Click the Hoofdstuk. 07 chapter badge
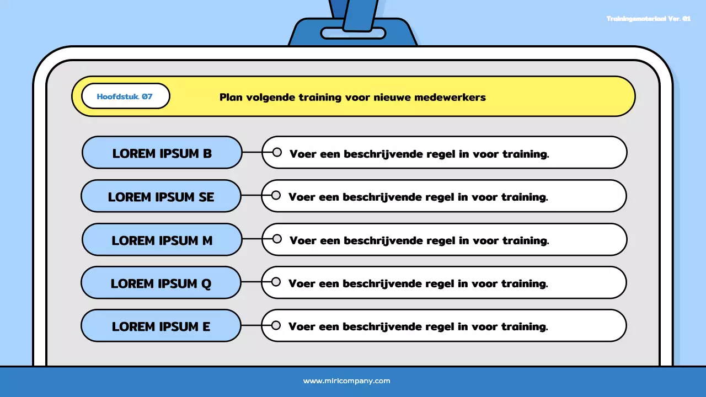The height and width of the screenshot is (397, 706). pyautogui.click(x=125, y=96)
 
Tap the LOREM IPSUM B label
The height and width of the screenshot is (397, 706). pyautogui.click(x=162, y=153)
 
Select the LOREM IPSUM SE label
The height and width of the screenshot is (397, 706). pyautogui.click(x=161, y=197)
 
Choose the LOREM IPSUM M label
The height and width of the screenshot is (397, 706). pyautogui.click(x=162, y=240)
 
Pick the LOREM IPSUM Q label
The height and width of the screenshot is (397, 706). pyautogui.click(x=161, y=283)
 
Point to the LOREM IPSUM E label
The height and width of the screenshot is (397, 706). pyautogui.click(x=161, y=326)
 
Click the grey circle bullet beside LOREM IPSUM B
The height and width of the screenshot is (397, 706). pyautogui.click(x=277, y=152)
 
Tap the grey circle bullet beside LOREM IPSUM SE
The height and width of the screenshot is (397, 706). pyautogui.click(x=276, y=196)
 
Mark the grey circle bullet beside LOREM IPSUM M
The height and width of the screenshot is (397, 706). pyautogui.click(x=277, y=239)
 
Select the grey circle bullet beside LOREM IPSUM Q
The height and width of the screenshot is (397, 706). pyautogui.click(x=276, y=282)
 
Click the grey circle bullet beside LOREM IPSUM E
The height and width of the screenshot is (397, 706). pyautogui.click(x=276, y=326)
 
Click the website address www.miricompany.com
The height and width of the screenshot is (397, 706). pyautogui.click(x=346, y=381)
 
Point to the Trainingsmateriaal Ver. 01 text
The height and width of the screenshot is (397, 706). pyautogui.click(x=648, y=19)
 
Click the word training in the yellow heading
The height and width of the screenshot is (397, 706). pyautogui.click(x=320, y=98)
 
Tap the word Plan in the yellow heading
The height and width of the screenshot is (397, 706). pyautogui.click(x=231, y=98)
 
